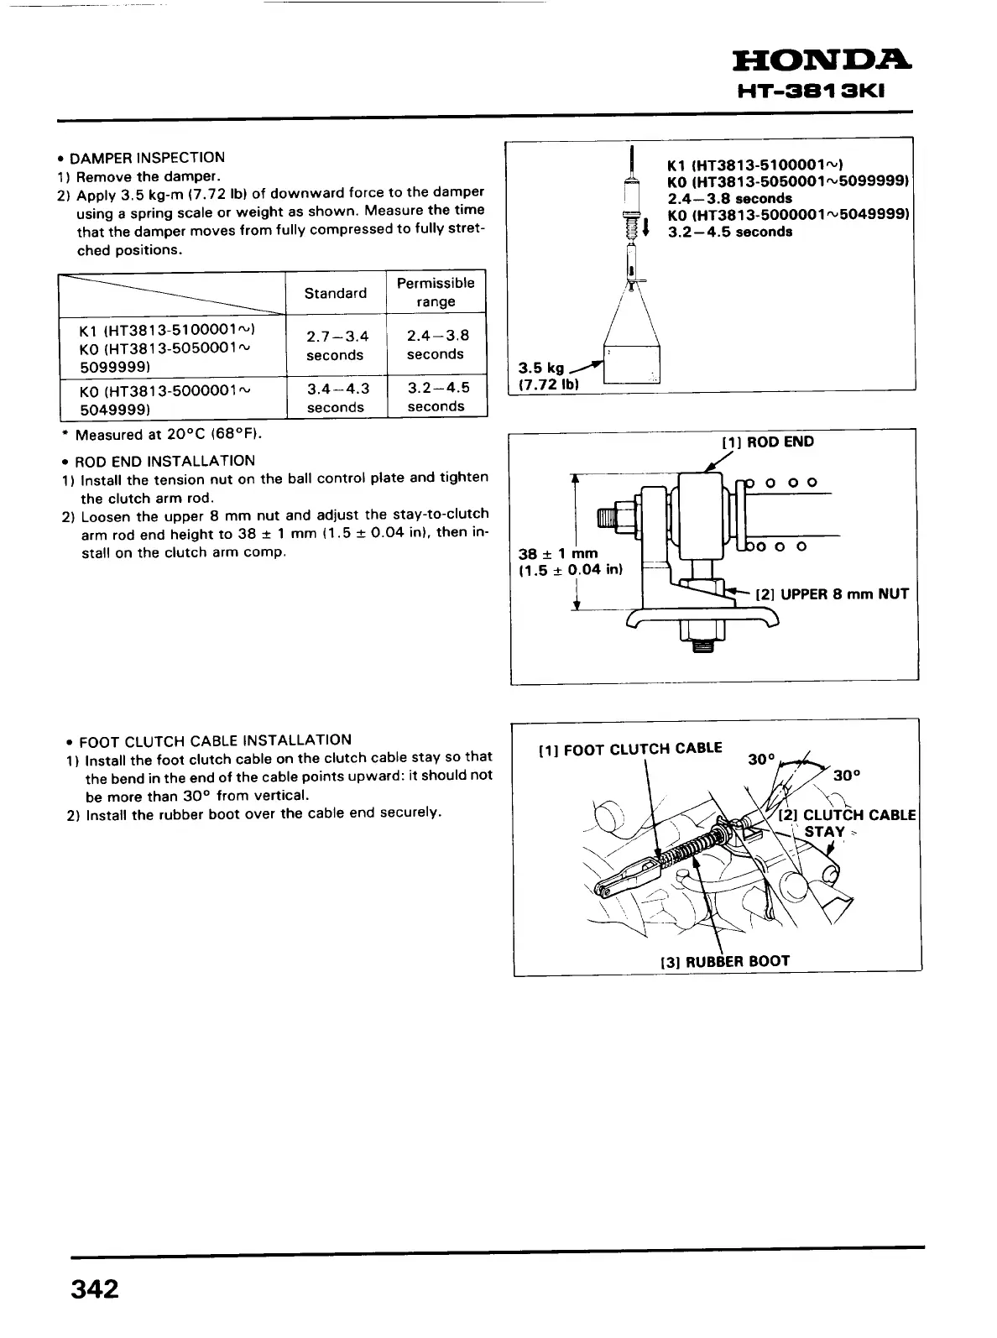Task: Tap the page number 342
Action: [95, 1288]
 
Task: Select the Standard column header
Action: [336, 293]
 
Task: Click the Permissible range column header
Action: [436, 292]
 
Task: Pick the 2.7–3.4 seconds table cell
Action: [336, 346]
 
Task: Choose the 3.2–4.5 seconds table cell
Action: [436, 397]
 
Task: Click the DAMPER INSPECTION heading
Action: [147, 158]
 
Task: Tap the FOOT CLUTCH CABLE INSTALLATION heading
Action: [214, 740]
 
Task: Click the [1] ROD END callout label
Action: [768, 442]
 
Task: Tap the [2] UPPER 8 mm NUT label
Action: [832, 594]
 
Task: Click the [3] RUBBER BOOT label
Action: [725, 961]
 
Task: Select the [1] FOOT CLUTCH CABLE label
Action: [629, 749]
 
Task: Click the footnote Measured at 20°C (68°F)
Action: [168, 435]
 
